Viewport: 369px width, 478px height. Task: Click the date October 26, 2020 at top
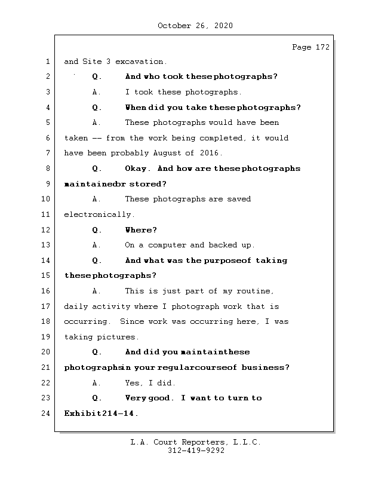[195, 26]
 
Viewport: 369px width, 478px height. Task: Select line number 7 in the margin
[48, 153]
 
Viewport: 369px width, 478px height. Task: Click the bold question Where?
[141, 229]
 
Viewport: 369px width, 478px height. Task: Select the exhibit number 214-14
[118, 413]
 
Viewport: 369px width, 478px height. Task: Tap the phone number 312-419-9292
[196, 451]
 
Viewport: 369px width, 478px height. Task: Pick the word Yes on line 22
[134, 382]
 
